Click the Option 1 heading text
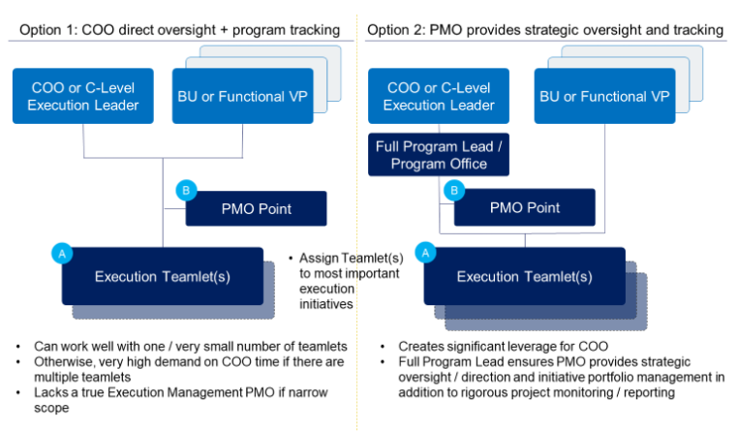(x=179, y=30)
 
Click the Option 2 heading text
(x=545, y=30)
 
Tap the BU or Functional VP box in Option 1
(x=241, y=96)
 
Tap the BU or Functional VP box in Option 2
(x=602, y=96)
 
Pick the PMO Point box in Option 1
(x=256, y=208)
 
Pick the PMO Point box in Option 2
(x=525, y=208)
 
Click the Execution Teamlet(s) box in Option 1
(x=162, y=276)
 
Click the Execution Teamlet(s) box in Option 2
(x=524, y=276)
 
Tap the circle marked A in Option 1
(x=62, y=254)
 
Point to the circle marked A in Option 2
(x=424, y=254)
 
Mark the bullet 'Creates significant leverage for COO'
(x=513, y=346)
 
